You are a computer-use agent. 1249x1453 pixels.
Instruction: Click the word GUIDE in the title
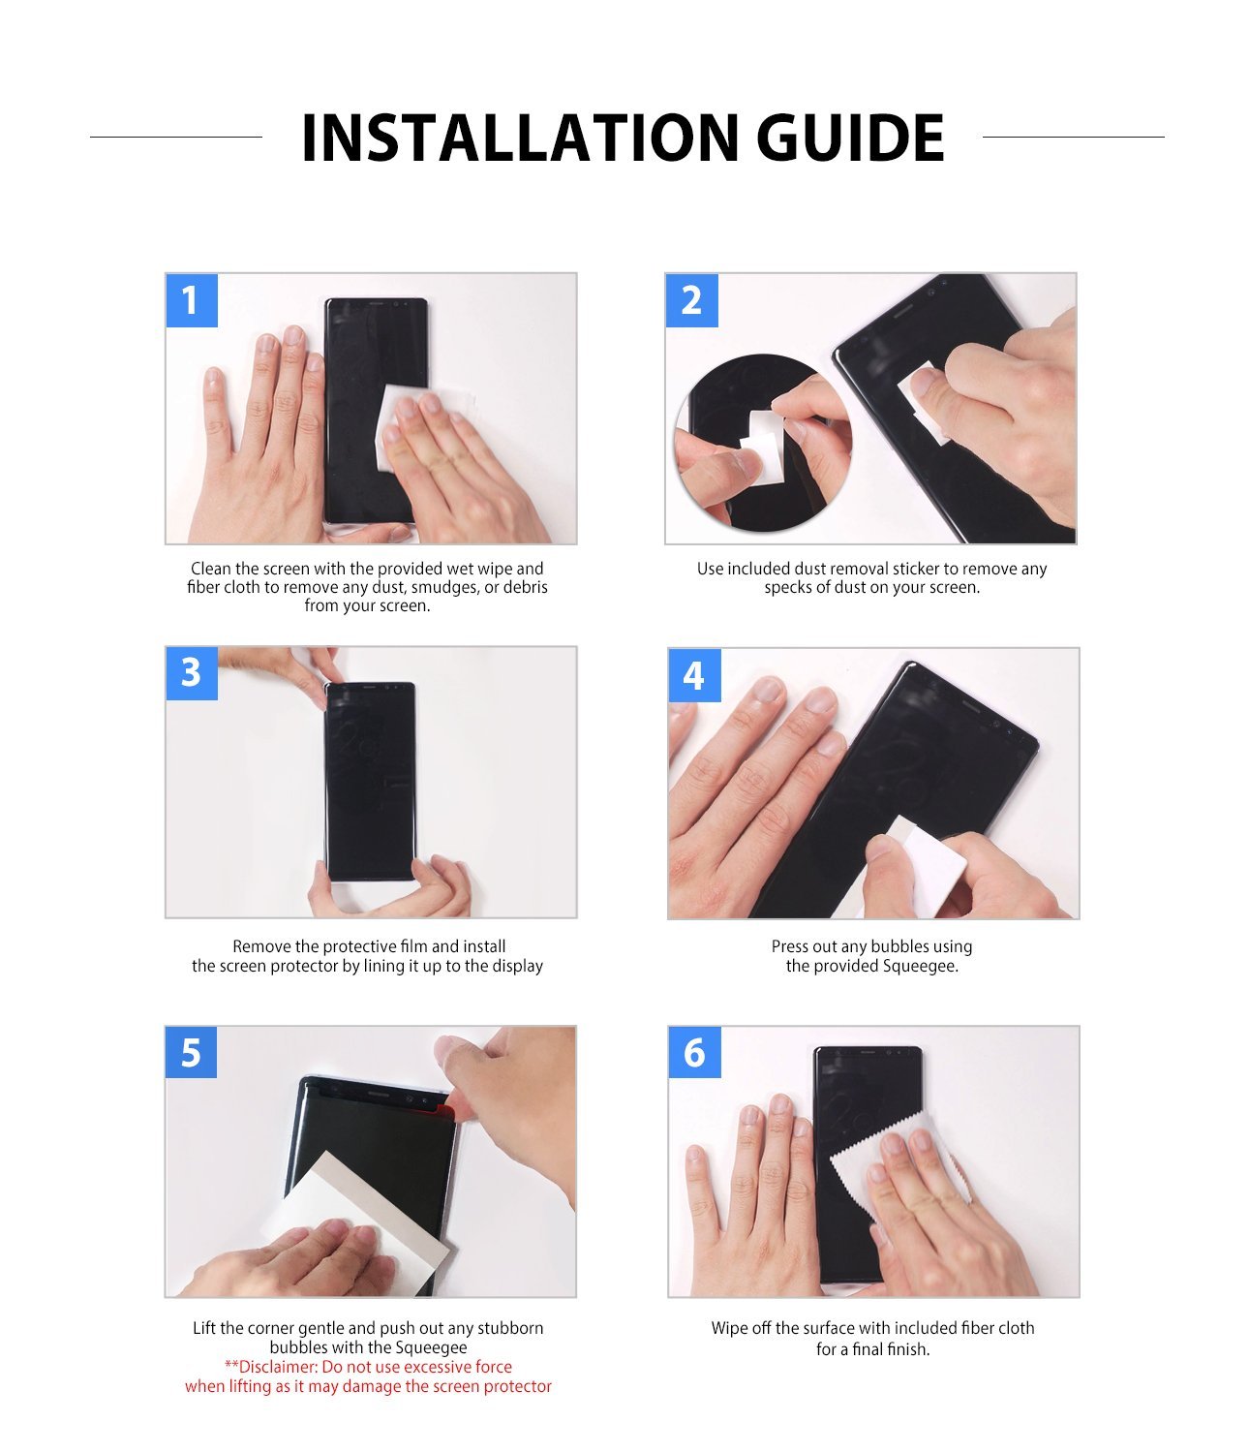(x=849, y=138)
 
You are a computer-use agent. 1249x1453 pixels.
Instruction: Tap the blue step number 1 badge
(x=191, y=300)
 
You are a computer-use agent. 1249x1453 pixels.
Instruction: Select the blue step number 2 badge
(x=691, y=300)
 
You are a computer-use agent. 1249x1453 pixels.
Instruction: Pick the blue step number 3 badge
(x=191, y=672)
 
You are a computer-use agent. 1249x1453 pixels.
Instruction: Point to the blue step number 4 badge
(x=693, y=675)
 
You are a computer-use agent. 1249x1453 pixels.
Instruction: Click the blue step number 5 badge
(x=191, y=1052)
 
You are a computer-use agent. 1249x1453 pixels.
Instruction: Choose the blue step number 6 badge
(x=694, y=1052)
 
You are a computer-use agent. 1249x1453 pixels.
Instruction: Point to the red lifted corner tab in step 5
(x=446, y=1107)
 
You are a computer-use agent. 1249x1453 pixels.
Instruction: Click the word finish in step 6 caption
(x=909, y=1349)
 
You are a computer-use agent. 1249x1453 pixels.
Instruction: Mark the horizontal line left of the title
(x=175, y=137)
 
